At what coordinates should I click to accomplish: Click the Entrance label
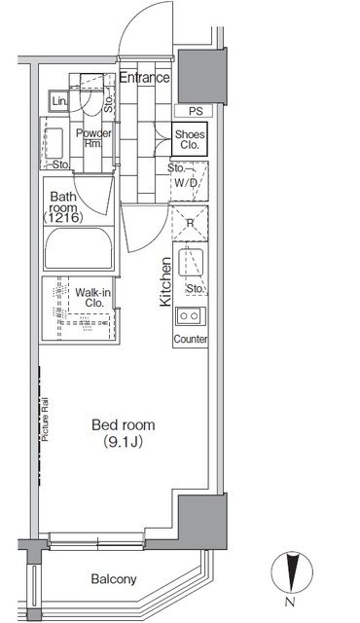point(144,77)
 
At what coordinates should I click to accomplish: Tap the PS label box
point(195,111)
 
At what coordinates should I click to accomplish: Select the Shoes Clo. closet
point(190,138)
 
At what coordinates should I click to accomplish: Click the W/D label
point(186,183)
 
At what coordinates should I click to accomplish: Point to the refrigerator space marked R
point(190,223)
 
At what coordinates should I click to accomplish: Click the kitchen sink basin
point(192,262)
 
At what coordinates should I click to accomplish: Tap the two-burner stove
point(191,315)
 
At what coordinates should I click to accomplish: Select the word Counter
point(191,339)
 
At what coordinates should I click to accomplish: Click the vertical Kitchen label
point(165,281)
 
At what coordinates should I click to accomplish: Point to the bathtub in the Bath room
point(79,249)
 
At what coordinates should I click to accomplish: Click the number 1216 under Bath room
point(63,217)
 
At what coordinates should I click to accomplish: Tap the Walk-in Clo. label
point(93,298)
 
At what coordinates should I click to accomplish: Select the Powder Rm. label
point(93,138)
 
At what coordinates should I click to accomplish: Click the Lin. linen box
point(59,101)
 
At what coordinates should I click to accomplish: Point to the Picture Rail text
point(45,420)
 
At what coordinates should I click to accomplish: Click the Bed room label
point(123,424)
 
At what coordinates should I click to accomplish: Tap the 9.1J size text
point(123,442)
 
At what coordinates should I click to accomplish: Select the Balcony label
point(114,579)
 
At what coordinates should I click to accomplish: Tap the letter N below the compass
point(290,603)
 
